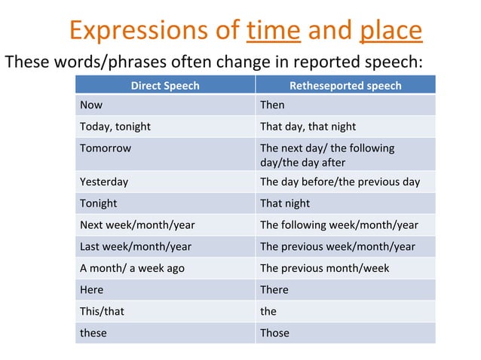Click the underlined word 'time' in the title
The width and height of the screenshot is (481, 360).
274,29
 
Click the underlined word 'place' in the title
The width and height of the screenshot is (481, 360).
391,29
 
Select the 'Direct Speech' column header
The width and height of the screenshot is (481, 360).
165,85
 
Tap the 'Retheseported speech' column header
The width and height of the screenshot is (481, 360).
345,85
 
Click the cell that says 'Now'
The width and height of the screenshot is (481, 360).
91,105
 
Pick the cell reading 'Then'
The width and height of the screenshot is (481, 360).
272,105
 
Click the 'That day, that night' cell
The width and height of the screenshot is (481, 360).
308,127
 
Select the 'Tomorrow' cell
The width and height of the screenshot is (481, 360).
106,148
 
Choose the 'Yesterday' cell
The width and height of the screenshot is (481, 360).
104,182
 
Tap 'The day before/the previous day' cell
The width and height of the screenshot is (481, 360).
339,182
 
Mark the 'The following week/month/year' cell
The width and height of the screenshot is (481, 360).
339,224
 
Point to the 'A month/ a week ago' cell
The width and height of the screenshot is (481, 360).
132,268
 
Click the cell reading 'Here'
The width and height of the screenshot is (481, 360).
92,289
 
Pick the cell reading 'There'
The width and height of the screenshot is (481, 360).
274,289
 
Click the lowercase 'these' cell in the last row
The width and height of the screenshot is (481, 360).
93,332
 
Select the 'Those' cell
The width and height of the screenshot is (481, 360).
274,332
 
